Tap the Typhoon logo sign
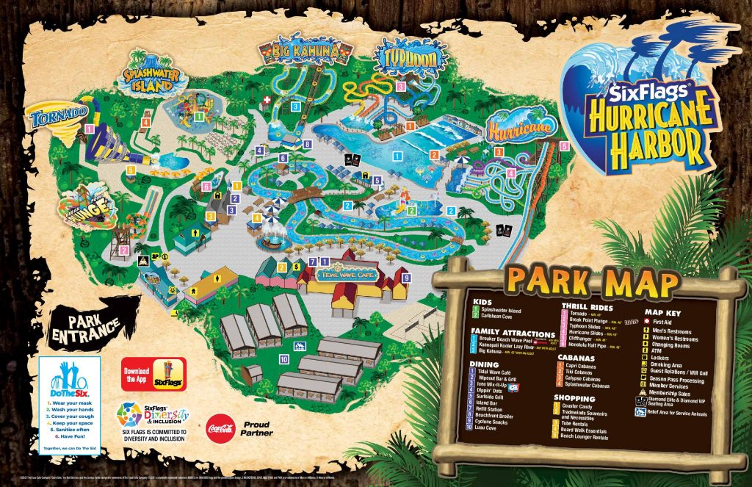click(401, 57)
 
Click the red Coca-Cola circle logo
click(220, 425)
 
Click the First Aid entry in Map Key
click(665, 322)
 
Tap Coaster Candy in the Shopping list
click(584, 406)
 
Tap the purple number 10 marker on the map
click(283, 358)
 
